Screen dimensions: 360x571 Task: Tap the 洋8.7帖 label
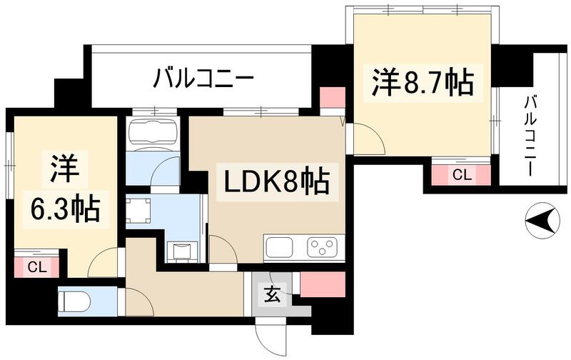click(x=421, y=83)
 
